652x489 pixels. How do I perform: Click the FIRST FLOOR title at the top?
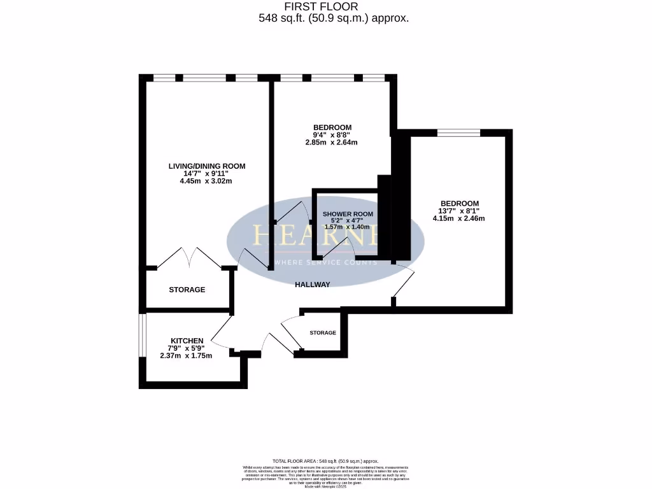point(325,6)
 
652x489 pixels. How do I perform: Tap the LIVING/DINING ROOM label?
point(206,166)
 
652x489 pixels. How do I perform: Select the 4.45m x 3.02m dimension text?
point(206,181)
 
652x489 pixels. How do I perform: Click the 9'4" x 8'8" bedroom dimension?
point(332,134)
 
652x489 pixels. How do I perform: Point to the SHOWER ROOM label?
point(348,214)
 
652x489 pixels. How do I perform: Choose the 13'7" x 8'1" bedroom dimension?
point(458,211)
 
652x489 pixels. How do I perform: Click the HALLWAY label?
point(313,285)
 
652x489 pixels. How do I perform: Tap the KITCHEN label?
point(187,341)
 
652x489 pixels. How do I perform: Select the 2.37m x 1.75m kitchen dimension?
point(186,355)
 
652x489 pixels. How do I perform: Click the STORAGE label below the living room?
point(187,290)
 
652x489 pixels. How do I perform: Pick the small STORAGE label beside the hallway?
point(323,333)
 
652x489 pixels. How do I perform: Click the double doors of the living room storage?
point(189,258)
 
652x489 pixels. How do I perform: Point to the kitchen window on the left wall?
point(143,334)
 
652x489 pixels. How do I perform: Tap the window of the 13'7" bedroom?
point(458,133)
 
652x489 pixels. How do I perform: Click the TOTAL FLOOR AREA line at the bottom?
point(325,461)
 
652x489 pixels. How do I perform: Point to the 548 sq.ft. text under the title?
point(333,18)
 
